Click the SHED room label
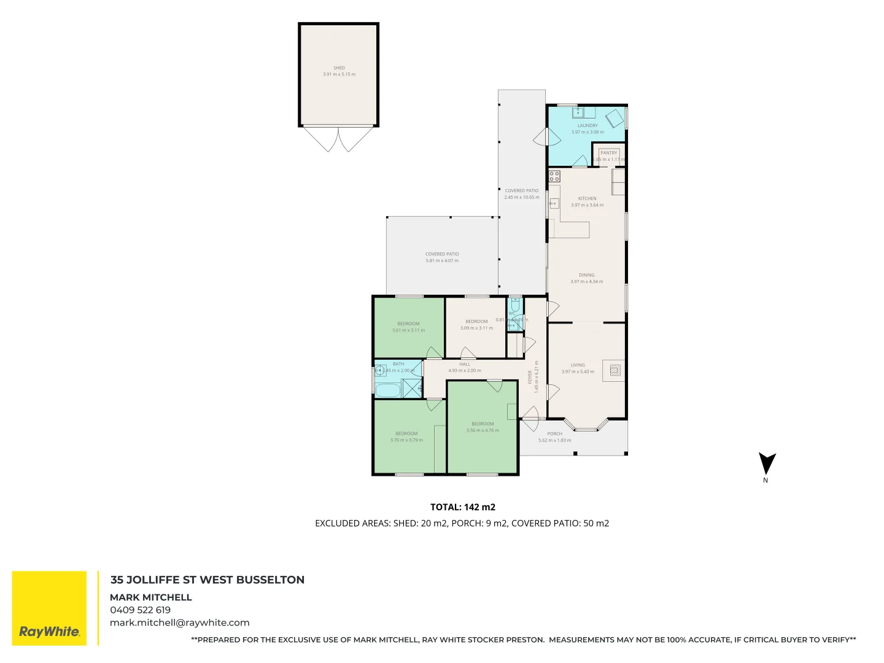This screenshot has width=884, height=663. click(x=339, y=68)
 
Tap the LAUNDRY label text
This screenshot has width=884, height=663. click(x=587, y=125)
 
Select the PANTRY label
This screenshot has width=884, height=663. click(x=608, y=153)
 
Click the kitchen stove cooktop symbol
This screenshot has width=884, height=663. click(x=554, y=177)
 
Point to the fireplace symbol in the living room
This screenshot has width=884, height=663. click(x=615, y=370)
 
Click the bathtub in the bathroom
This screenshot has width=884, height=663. click(x=387, y=390)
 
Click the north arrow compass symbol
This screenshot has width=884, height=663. click(x=767, y=464)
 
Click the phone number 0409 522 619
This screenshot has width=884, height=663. click(x=140, y=610)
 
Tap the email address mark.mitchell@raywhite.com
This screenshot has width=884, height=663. click(x=179, y=622)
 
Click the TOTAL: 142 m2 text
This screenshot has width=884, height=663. click(x=462, y=507)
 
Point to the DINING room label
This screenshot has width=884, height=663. click(x=586, y=275)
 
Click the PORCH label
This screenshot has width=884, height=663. click(x=554, y=433)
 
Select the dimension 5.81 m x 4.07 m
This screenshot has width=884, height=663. click(x=442, y=260)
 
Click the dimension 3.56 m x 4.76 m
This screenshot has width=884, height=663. click(x=483, y=430)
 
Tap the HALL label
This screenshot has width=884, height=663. click(x=465, y=364)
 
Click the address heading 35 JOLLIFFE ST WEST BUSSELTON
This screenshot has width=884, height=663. click(x=207, y=580)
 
